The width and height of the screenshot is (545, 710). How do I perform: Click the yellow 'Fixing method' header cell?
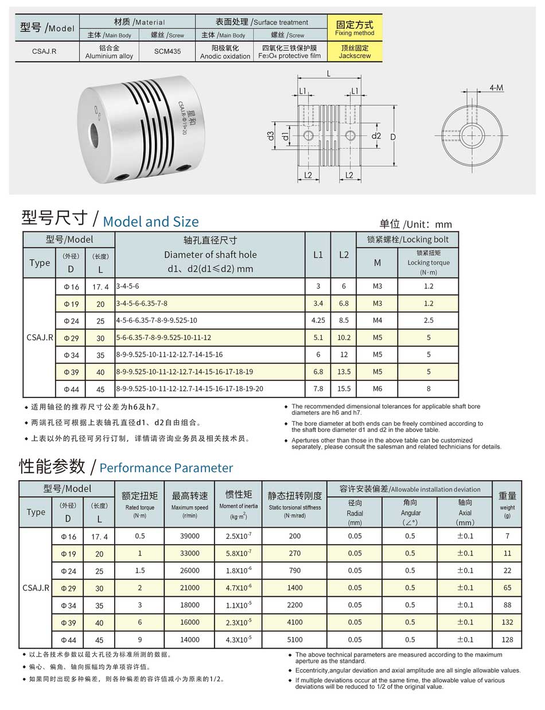click(355, 28)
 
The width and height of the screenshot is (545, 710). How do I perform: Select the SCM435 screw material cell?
click(167, 52)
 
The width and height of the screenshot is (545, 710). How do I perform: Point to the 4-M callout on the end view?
click(496, 87)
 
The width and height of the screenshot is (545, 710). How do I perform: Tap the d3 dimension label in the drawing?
click(270, 136)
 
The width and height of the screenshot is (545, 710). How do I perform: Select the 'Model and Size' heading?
click(151, 222)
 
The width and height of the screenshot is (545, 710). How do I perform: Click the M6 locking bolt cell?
click(377, 389)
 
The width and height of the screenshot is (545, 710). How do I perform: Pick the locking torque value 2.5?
click(428, 320)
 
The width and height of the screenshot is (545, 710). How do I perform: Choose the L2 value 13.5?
click(344, 372)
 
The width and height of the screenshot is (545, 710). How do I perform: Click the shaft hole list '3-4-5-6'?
click(127, 286)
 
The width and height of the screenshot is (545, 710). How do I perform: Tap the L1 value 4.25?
click(318, 320)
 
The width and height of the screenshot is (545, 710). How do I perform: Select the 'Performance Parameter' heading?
click(166, 468)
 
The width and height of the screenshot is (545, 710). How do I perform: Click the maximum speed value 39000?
click(189, 536)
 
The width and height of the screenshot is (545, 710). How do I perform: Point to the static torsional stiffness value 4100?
click(295, 622)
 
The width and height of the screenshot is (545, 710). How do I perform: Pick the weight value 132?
click(507, 622)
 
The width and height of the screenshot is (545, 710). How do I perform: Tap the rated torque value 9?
click(140, 639)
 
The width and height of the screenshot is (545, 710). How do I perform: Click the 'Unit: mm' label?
click(415, 225)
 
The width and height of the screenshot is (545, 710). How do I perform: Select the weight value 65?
click(507, 588)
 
